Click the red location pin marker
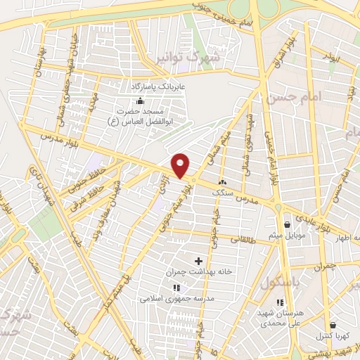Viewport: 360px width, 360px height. pyautogui.click(x=181, y=166)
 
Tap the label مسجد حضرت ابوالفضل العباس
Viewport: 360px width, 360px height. pyautogui.click(x=143, y=116)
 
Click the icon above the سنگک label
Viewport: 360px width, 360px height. pyautogui.click(x=223, y=181)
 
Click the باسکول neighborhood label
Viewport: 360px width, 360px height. pyautogui.click(x=285, y=283)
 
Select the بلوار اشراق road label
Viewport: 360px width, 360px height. pyautogui.click(x=288, y=49)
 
